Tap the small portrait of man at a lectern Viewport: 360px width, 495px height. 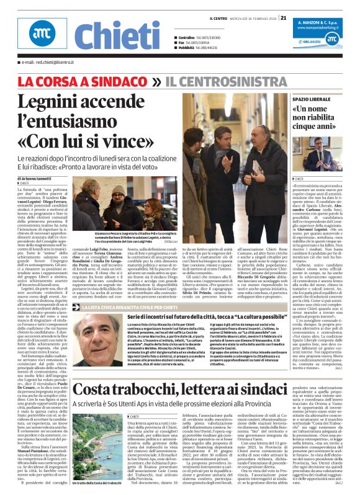(323, 156)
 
